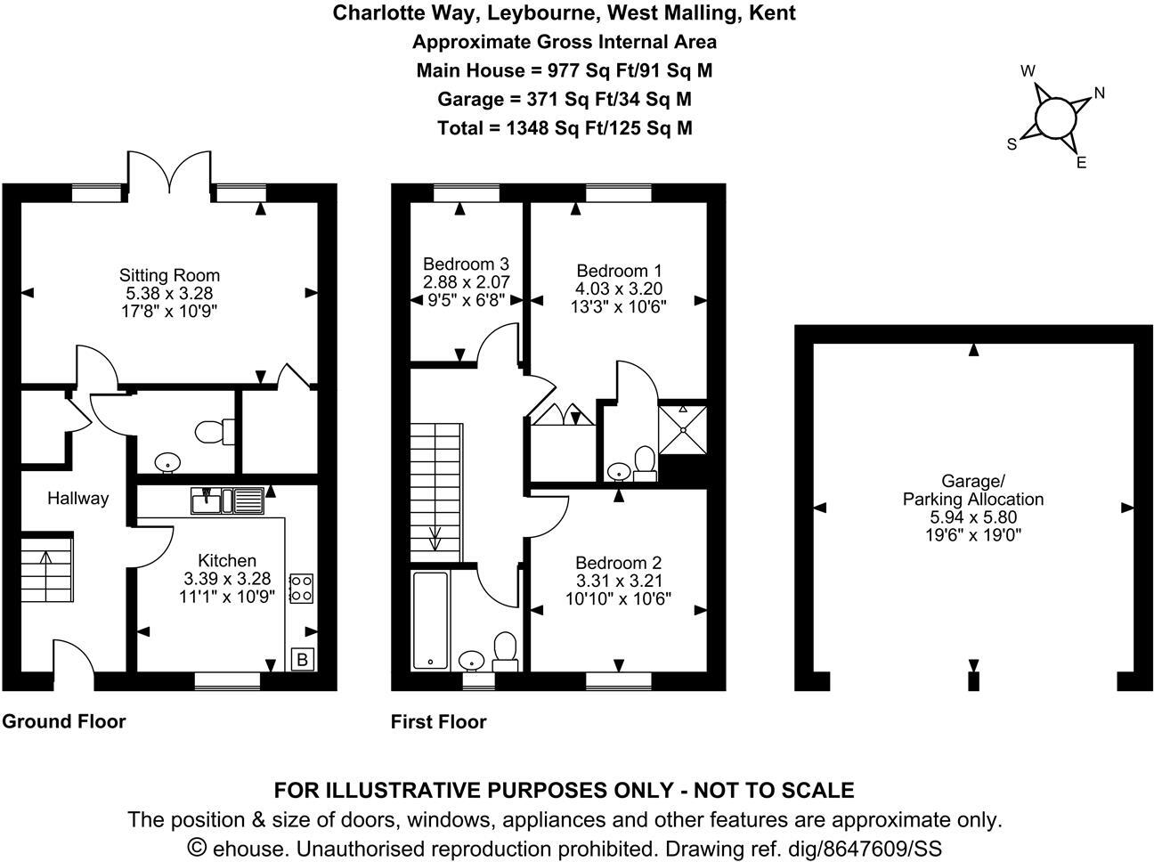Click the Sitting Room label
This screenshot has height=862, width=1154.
coord(169,275)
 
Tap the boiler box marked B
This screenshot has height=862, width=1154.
coord(303,660)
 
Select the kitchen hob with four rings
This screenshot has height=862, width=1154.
coord(302,588)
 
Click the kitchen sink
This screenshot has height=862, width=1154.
coord(227,500)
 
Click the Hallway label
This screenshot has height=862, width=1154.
coord(77,499)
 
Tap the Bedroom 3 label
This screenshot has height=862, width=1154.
coord(466,264)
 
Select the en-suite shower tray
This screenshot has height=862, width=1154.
coord(682,428)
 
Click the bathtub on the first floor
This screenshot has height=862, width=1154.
coord(430,621)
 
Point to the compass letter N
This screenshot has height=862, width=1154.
coord(1099,93)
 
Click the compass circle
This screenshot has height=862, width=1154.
coord(1055,118)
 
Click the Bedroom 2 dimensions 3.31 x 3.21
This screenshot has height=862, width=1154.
coord(618,581)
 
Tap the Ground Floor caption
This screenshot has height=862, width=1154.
coord(64,721)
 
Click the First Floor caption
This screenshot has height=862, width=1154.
coord(438,721)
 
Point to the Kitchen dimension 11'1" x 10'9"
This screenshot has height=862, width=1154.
coord(226,596)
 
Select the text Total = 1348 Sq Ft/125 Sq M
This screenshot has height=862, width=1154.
coord(565,127)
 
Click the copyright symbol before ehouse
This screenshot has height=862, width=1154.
coord(198,848)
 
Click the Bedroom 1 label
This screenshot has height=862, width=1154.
coord(618,271)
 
